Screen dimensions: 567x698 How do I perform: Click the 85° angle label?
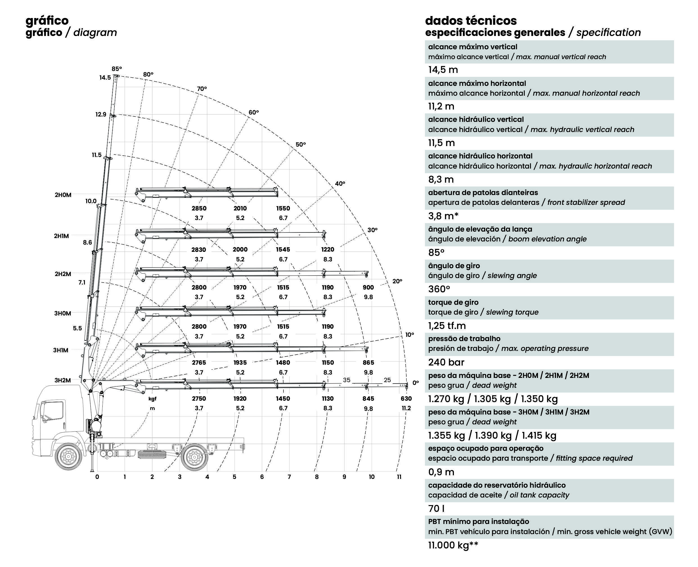coord(116,69)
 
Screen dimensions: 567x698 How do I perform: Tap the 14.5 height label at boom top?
coord(105,78)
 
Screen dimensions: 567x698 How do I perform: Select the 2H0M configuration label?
coord(63,195)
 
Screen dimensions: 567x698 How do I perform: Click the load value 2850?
coord(199,209)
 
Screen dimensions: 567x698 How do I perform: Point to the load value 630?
coord(406,398)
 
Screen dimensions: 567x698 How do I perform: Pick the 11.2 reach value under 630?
coord(406,408)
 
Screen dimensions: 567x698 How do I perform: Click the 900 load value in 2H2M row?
coord(368,287)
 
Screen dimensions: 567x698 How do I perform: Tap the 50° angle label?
coord(301,144)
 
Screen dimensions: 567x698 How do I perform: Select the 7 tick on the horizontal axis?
coord(289,477)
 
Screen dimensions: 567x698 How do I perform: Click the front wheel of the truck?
coord(69,456)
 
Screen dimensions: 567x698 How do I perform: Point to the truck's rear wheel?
coord(195,456)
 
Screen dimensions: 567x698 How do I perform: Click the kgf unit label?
coord(152,399)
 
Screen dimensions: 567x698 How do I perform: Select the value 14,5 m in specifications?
coord(443,70)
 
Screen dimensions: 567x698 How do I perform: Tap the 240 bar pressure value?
coord(446,362)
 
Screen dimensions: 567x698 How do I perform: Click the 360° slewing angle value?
coord(439,289)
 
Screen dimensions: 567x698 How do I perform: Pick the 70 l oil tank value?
coord(436,508)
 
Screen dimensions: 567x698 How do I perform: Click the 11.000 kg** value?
coord(453,545)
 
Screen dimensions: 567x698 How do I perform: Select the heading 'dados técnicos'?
coord(471,21)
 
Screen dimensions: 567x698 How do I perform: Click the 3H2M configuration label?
coord(63,380)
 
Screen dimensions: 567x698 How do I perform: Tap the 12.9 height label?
coord(101,115)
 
